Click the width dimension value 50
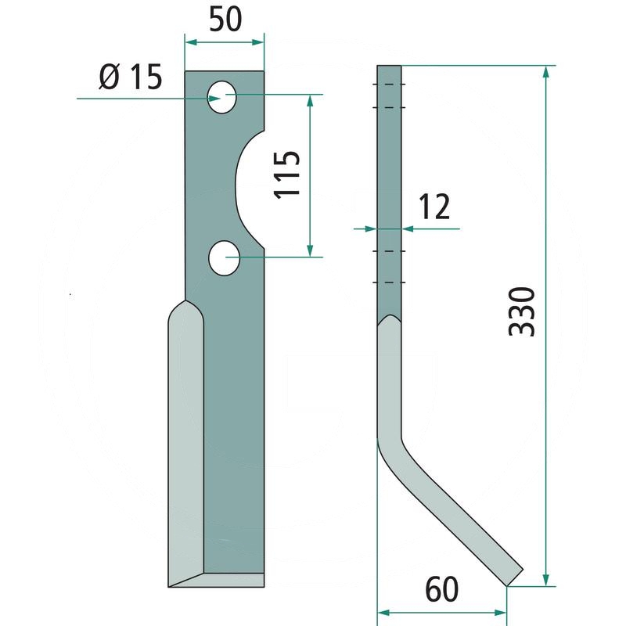225,20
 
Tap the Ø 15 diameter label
131,77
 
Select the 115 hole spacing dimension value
286,174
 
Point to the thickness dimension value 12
434,207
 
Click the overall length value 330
522,311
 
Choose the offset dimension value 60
442,590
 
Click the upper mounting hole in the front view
221,97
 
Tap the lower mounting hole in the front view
224,258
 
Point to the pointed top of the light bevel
185,301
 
